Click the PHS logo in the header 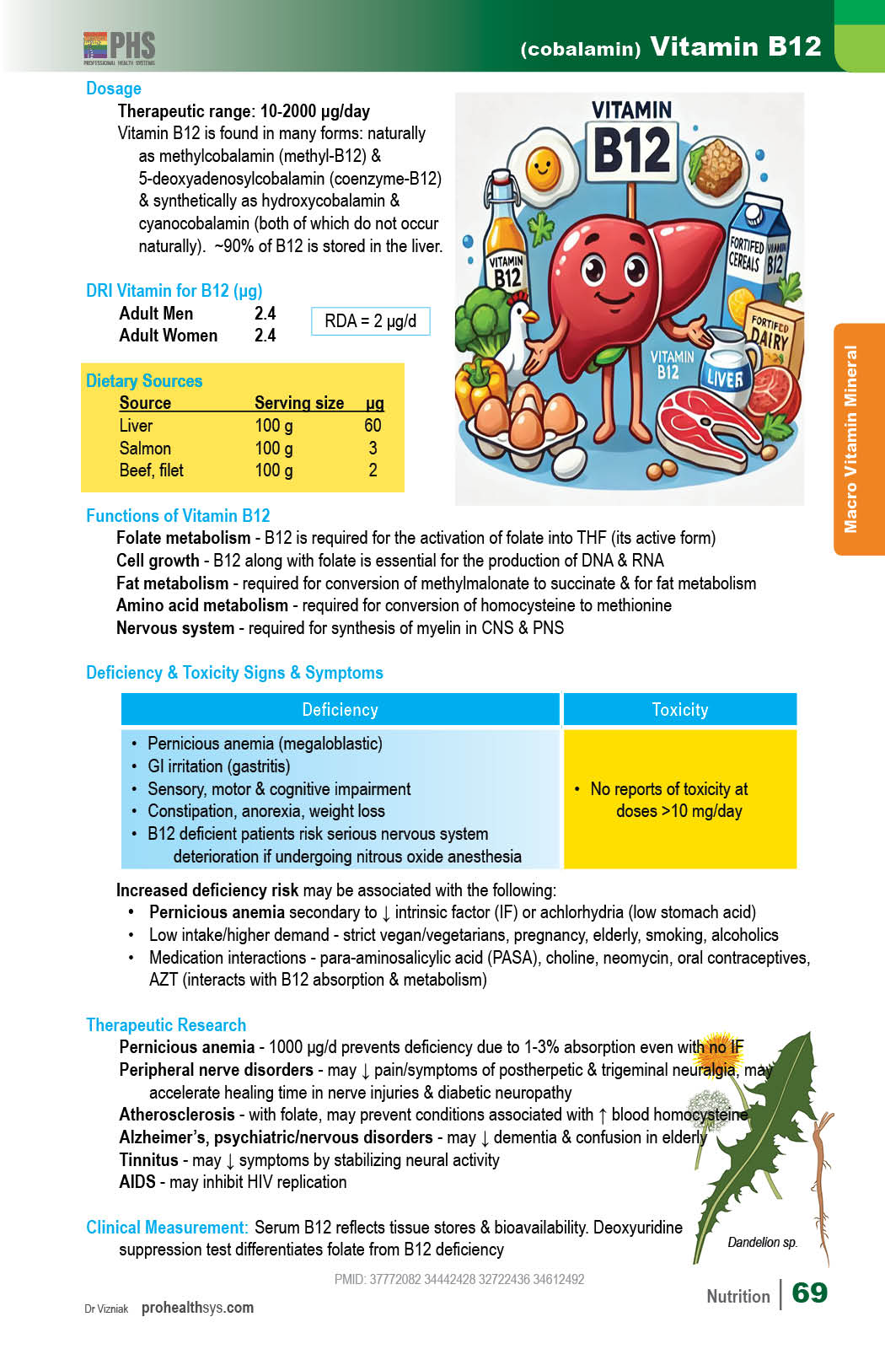pos(120,48)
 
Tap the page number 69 pos(809,1293)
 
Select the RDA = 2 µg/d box pos(371,321)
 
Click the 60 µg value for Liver pos(373,426)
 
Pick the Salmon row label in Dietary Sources pos(145,449)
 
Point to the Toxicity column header pos(679,710)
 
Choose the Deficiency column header pos(340,710)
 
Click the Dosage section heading pos(114,89)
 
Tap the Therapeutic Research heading pos(166,1025)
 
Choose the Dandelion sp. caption pos(762,1242)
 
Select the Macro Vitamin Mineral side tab pos(858,438)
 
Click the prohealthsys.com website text pos(197,1308)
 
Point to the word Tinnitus pos(148,1160)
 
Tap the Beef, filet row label pos(151,470)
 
